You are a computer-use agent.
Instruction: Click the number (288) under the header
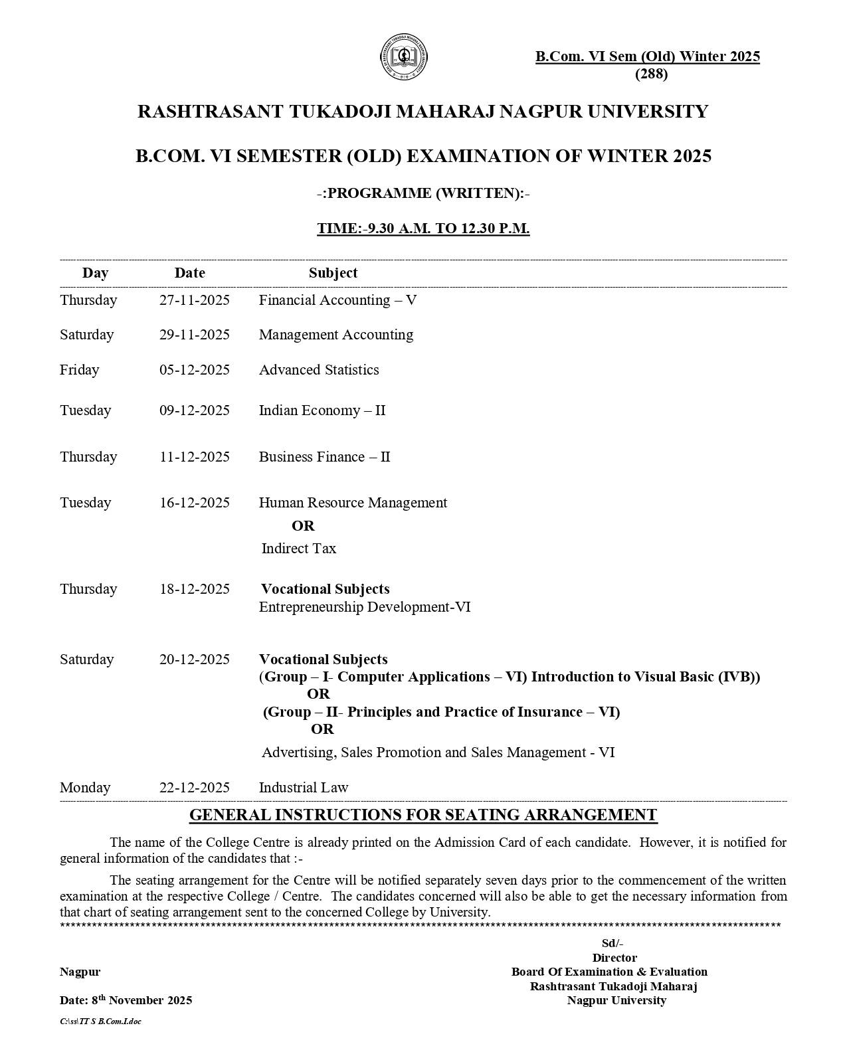[x=651, y=74]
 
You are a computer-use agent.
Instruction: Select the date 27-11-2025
[x=194, y=300]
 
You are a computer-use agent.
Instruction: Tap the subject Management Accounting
[x=335, y=335]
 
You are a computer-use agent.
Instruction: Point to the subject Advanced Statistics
[x=319, y=370]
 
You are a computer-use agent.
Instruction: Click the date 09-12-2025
[x=194, y=410]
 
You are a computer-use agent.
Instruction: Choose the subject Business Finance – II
[x=324, y=457]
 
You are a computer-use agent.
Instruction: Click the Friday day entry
[x=79, y=370]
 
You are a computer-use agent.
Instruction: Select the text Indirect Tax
[x=298, y=549]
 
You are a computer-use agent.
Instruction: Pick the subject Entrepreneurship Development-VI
[x=364, y=607]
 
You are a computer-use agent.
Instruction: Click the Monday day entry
[x=85, y=788]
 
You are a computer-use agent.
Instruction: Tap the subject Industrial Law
[x=303, y=788]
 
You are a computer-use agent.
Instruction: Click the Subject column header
[x=333, y=273]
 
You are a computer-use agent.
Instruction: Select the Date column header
[x=189, y=273]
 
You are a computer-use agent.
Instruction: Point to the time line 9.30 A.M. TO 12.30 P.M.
[x=423, y=228]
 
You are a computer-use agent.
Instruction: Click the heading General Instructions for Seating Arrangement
[x=423, y=815]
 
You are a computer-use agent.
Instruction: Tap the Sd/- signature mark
[x=612, y=944]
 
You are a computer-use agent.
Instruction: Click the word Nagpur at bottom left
[x=80, y=972]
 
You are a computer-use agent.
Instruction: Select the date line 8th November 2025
[x=126, y=1000]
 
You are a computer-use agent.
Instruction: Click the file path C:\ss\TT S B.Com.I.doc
[x=100, y=1021]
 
